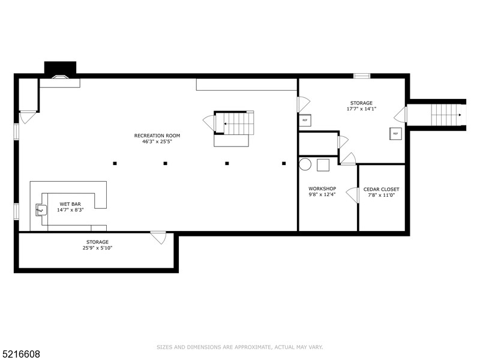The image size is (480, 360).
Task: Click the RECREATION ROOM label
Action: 157,136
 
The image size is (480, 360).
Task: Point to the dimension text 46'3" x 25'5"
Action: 157,142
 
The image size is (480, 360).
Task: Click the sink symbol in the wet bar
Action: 41,209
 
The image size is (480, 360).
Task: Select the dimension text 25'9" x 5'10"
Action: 97,248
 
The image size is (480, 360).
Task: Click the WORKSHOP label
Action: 322,188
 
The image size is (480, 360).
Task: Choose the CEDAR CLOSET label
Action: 381,189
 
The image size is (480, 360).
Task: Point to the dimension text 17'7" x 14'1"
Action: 361,109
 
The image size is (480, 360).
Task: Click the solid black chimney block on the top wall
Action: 61,67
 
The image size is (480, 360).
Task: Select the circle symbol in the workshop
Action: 305,164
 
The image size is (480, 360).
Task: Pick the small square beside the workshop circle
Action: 323,165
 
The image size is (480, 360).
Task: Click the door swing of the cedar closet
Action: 353,195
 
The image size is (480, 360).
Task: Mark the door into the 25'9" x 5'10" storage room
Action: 158,237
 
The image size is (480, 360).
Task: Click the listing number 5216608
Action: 21,354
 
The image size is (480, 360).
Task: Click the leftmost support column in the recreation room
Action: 115,163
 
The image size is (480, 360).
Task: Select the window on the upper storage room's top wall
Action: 362,76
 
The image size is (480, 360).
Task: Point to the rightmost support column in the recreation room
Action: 283,163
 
